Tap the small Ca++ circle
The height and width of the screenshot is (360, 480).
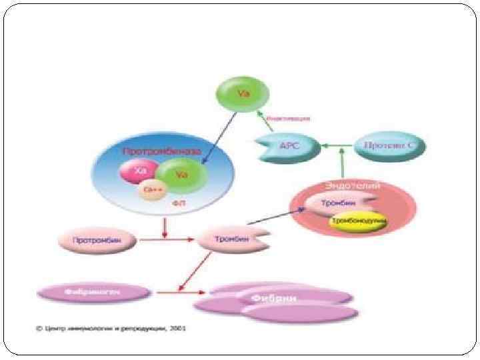pyautogui.click(x=151, y=190)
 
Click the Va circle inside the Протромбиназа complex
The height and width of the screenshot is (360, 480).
pyautogui.click(x=179, y=175)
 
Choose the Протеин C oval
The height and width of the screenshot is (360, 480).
pyautogui.click(x=389, y=145)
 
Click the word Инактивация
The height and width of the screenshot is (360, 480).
pyautogui.click(x=288, y=119)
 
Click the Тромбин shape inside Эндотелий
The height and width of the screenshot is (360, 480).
pyautogui.click(x=338, y=203)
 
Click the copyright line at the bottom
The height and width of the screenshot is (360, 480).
pyautogui.click(x=111, y=329)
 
